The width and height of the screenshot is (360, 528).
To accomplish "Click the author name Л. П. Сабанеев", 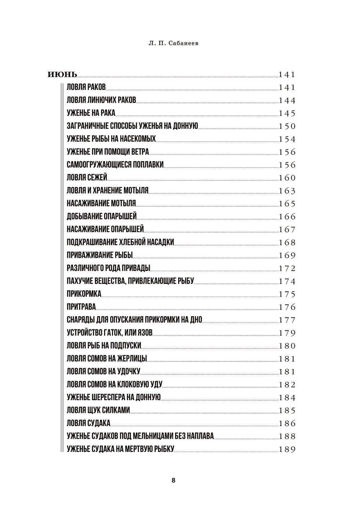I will coord(174,44).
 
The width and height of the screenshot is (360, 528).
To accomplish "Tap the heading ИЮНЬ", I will coord(62,75).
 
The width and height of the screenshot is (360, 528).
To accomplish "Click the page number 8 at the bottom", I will coord(174,480).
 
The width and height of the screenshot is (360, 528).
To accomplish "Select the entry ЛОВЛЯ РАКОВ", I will coord(86,87).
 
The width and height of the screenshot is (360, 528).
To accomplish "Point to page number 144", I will coord(287,100).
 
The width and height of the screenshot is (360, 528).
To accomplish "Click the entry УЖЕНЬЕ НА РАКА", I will coord(91,113).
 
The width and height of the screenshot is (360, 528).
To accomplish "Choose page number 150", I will coord(287,126).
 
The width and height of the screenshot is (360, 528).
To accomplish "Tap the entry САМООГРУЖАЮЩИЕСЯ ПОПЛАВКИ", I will coord(115,165).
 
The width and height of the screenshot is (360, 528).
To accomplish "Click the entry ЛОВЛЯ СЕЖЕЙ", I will coord(87,178).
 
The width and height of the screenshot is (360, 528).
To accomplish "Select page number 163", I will coord(287,191).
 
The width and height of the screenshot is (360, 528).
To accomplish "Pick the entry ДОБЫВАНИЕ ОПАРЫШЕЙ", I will coord(102,217).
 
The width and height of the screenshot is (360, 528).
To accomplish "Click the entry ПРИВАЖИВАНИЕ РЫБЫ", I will coord(100,256).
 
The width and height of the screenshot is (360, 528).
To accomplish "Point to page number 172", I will coord(287,268).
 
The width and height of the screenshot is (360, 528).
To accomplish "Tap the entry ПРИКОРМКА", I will coord(84,294).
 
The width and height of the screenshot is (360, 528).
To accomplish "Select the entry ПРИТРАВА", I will coord(81,307).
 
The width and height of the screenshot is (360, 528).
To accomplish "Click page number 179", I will coord(287,333).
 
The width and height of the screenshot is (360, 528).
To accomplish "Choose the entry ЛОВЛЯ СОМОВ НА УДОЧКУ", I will coord(103,371).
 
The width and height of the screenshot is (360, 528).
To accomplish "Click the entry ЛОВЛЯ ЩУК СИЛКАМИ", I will coord(98,410).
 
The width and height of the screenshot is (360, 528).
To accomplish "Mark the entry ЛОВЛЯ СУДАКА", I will coord(89,423).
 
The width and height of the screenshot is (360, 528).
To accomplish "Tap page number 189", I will coord(287,449).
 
